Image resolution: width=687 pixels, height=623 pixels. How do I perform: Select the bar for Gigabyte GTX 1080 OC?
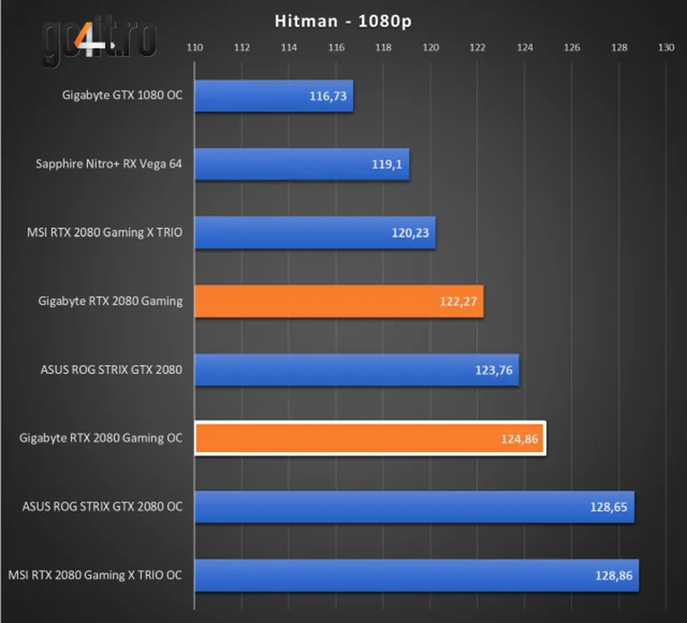point(273,96)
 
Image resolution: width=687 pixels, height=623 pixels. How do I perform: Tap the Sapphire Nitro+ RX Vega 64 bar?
point(301,165)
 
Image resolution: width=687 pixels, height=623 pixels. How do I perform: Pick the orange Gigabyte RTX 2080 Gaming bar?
point(338,302)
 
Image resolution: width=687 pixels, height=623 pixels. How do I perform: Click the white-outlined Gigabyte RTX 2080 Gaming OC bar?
point(369,439)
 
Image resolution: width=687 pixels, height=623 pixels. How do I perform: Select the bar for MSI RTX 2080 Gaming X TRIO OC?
point(416,576)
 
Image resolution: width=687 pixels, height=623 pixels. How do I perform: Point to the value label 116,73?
point(327,96)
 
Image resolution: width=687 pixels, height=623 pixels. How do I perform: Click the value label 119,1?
point(386,165)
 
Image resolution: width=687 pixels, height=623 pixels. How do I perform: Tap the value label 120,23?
point(410,233)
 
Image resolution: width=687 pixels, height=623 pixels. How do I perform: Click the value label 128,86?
point(614,576)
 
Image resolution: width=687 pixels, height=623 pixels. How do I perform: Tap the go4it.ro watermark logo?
point(99,37)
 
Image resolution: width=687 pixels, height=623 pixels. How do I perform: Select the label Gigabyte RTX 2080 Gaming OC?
point(101,439)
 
